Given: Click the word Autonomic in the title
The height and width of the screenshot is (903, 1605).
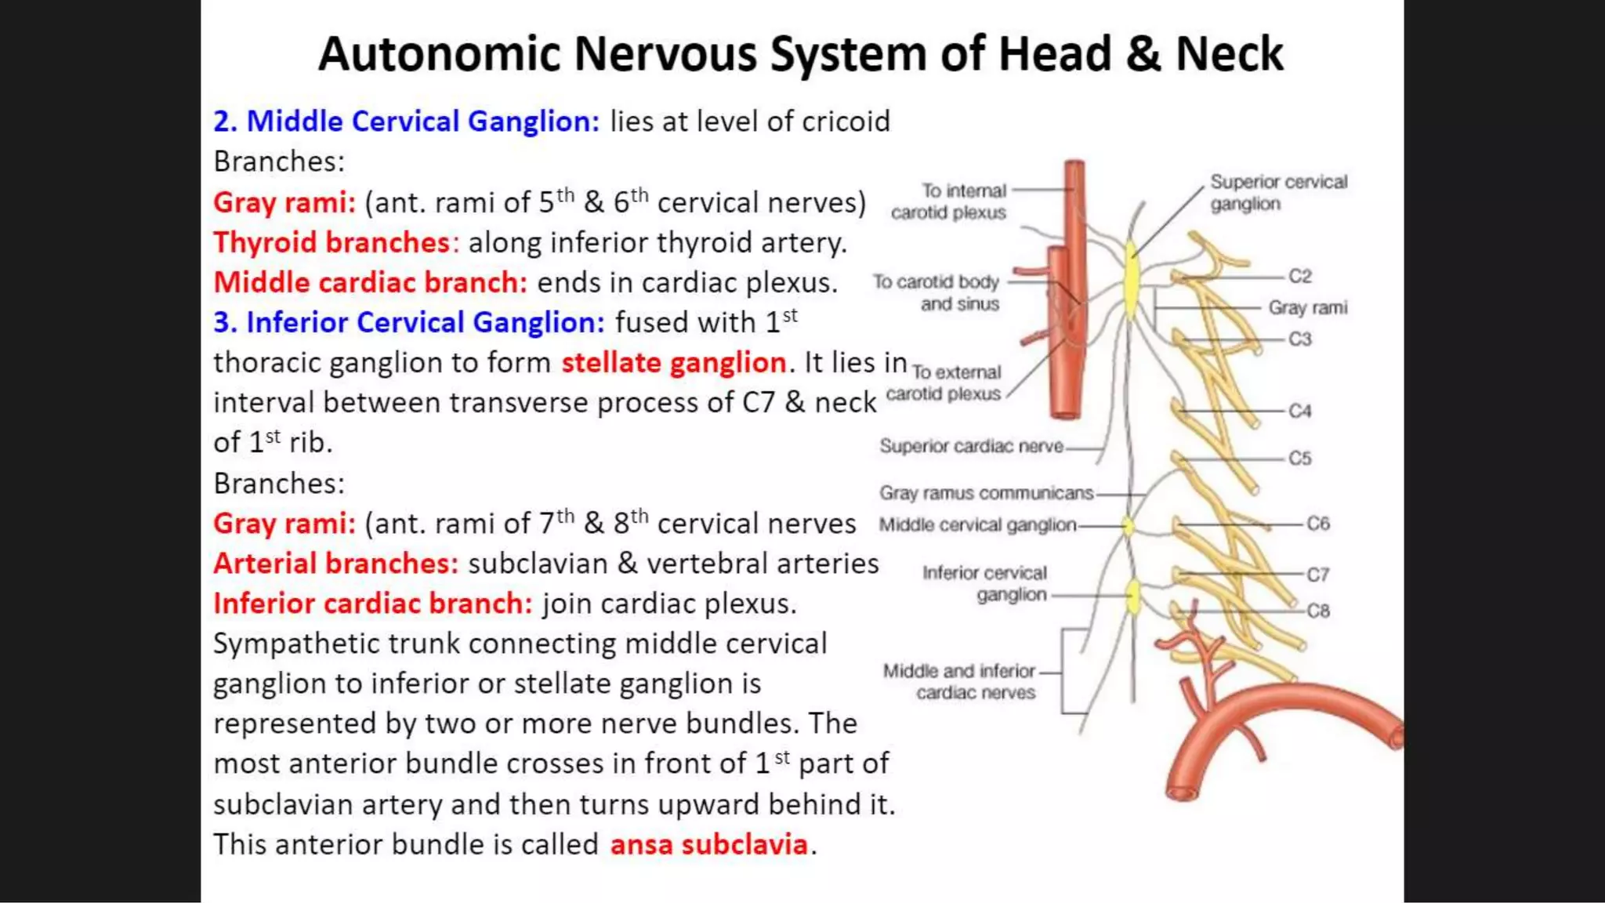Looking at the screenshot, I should pyautogui.click(x=439, y=55).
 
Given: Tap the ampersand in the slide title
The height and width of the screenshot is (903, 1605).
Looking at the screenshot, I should pyautogui.click(x=1143, y=55).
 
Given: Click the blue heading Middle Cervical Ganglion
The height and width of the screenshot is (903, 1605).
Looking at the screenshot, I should pyautogui.click(x=422, y=121).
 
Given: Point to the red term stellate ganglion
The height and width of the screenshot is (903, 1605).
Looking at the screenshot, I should pyautogui.click(x=673, y=362).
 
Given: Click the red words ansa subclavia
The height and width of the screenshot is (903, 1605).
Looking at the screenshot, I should pyautogui.click(x=708, y=844).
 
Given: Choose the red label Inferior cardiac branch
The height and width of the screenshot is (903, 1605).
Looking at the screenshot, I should pyautogui.click(x=372, y=604).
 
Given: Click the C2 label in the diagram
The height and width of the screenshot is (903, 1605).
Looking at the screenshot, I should pyautogui.click(x=1299, y=276).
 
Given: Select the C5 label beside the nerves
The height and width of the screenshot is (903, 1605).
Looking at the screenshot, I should pyautogui.click(x=1299, y=458).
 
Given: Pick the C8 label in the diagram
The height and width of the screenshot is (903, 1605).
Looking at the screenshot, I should pyautogui.click(x=1317, y=611).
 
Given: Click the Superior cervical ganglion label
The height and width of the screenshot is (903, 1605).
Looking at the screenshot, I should pyautogui.click(x=1277, y=193).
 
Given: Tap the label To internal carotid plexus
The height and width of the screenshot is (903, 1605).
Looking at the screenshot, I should pyautogui.click(x=949, y=201).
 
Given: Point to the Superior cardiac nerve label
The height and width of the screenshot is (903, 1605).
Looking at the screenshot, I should pyautogui.click(x=970, y=446).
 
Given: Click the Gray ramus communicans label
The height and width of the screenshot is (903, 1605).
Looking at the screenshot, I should pyautogui.click(x=985, y=493).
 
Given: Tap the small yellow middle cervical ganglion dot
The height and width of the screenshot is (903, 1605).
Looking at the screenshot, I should pyautogui.click(x=1129, y=525).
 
